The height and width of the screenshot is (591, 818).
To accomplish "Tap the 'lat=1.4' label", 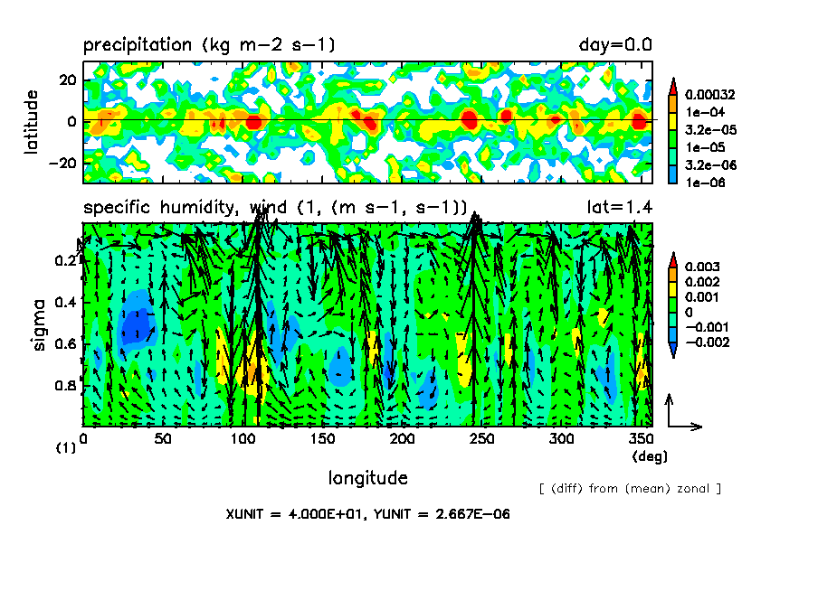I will pyautogui.click(x=620, y=207).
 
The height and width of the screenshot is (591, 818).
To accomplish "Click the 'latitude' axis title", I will pyautogui.click(x=32, y=121).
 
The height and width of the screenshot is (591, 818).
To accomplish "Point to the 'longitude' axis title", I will pyautogui.click(x=367, y=477).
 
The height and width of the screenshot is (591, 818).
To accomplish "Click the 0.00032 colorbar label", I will pyautogui.click(x=711, y=94).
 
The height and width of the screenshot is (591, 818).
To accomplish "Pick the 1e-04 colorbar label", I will pyautogui.click(x=702, y=112).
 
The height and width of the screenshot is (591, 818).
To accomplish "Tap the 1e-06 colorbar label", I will pyautogui.click(x=702, y=182).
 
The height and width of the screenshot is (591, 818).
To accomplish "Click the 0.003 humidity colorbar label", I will pyautogui.click(x=702, y=267).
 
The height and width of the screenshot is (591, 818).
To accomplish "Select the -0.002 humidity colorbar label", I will pyautogui.click(x=707, y=341).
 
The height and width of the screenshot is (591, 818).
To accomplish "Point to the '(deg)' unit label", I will pyautogui.click(x=649, y=456).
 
